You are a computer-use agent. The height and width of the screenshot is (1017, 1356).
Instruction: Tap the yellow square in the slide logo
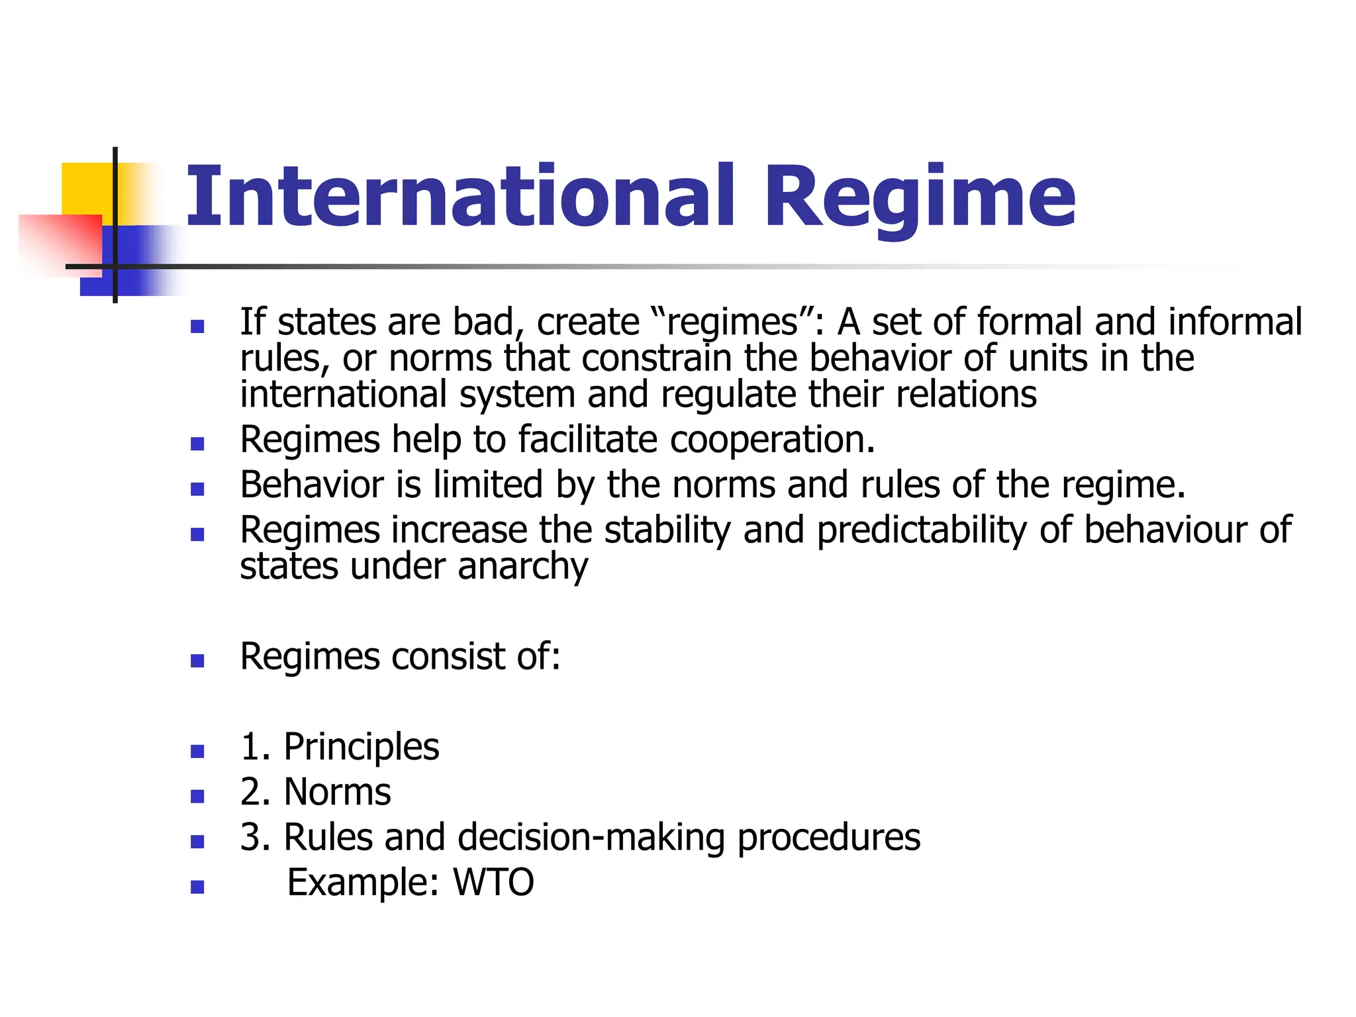click(86, 188)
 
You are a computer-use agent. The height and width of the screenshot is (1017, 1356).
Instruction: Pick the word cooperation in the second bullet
click(772, 440)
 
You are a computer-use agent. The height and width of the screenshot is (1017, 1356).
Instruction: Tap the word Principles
click(361, 748)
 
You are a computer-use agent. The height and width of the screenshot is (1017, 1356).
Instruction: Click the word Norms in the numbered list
click(337, 792)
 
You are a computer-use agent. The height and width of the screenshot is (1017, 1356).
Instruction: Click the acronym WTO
click(493, 883)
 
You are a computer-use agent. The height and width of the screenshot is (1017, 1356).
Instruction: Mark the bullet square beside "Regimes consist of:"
click(197, 661)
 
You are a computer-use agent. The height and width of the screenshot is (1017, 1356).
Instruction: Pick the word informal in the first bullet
click(1235, 322)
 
